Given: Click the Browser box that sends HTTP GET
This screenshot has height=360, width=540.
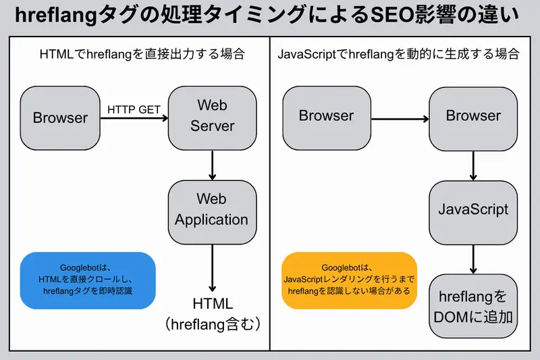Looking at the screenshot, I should pyautogui.click(x=60, y=118).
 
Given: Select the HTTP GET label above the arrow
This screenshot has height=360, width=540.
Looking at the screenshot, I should pyautogui.click(x=134, y=108).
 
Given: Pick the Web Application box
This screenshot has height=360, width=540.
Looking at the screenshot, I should pyautogui.click(x=212, y=209).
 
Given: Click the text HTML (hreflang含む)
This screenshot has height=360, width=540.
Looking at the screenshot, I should pyautogui.click(x=212, y=315).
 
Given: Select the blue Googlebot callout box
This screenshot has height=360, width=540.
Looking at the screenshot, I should pyautogui.click(x=88, y=280).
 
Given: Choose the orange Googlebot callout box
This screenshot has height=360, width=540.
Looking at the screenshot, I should pyautogui.click(x=349, y=280).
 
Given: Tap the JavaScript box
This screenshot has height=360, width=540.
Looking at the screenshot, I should pyautogui.click(x=473, y=209).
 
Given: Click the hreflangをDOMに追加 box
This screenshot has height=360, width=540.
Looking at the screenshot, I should pyautogui.click(x=473, y=306).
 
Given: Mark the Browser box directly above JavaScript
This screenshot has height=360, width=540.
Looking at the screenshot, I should pyautogui.click(x=473, y=116).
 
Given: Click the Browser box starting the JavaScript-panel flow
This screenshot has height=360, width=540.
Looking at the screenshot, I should pyautogui.click(x=326, y=116).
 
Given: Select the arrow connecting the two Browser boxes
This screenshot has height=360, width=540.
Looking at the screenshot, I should pyautogui.click(x=400, y=120).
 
